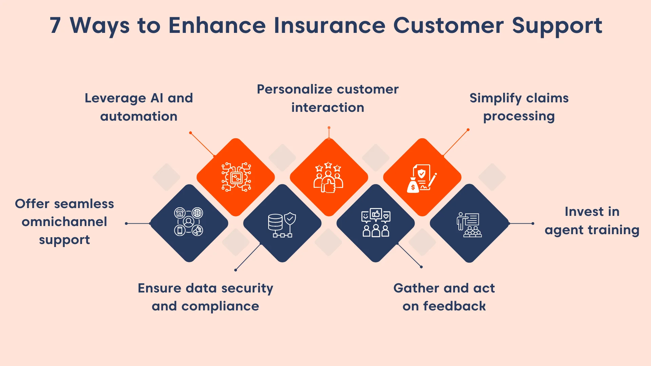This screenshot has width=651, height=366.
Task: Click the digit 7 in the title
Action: [55, 25]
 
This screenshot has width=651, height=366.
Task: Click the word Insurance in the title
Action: [329, 25]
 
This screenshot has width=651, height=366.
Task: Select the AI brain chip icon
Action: [236, 177]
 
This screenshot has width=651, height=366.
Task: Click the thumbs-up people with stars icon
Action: [328, 177]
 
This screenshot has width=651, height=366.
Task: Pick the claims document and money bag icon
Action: [422, 178]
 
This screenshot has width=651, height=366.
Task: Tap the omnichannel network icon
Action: [189, 222]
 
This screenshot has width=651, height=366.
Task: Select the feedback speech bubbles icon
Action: [376, 222]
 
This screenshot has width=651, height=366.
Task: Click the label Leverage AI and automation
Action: [139, 107]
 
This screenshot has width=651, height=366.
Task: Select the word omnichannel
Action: [64, 222]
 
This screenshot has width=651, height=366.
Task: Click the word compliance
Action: [220, 306]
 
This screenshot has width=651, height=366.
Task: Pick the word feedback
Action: [454, 306]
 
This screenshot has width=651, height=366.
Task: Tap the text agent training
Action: [592, 230]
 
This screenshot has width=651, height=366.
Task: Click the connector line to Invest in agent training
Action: [521, 223]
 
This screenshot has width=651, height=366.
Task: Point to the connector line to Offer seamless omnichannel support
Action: [138, 223]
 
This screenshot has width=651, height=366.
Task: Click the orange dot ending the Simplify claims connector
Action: [468, 130]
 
